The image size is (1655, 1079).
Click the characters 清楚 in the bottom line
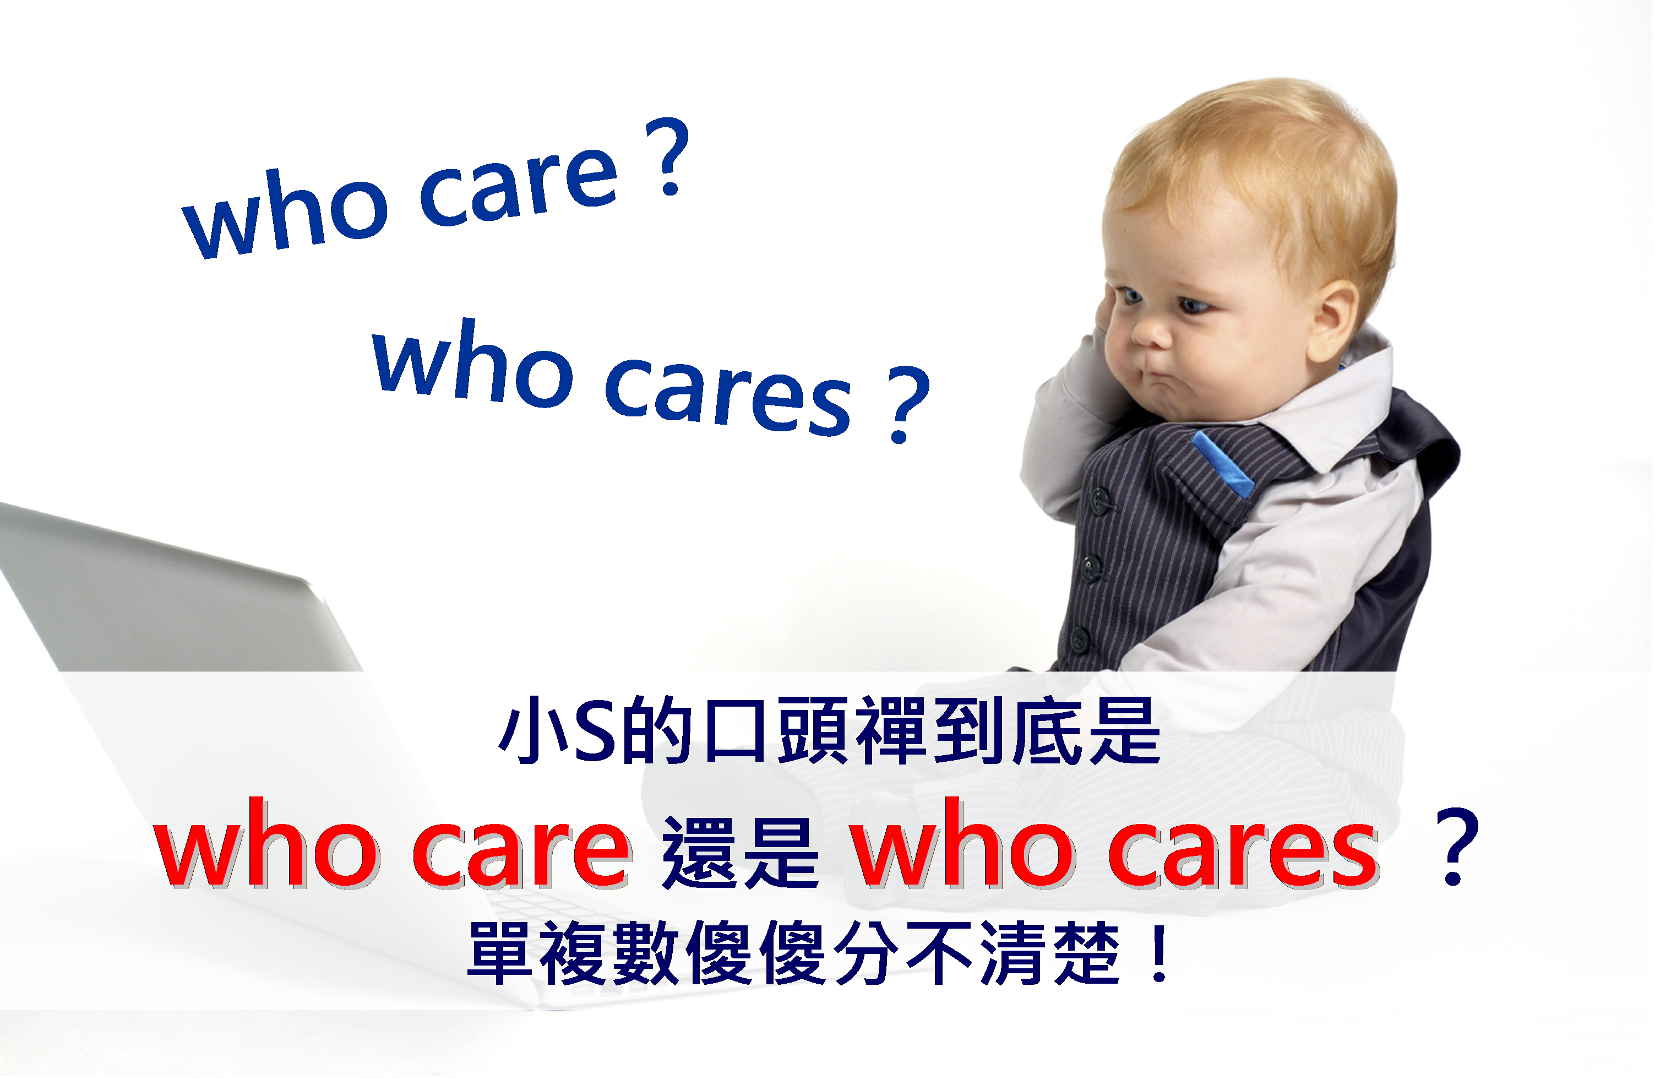(1050, 954)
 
